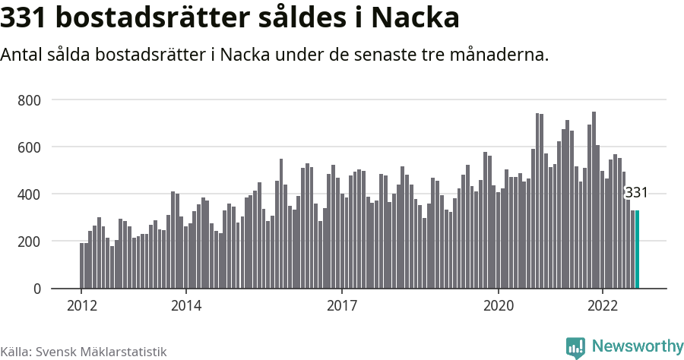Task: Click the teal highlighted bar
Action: point(637,250)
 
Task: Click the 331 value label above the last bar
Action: point(635,193)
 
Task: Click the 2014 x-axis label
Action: point(185,305)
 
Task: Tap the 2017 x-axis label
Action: point(342,305)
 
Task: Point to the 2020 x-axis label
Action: point(499,305)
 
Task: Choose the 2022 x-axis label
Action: point(603,305)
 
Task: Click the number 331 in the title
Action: point(24,17)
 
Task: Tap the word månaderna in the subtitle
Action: point(499,55)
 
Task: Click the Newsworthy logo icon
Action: point(575,347)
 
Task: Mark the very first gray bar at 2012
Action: point(81,266)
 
